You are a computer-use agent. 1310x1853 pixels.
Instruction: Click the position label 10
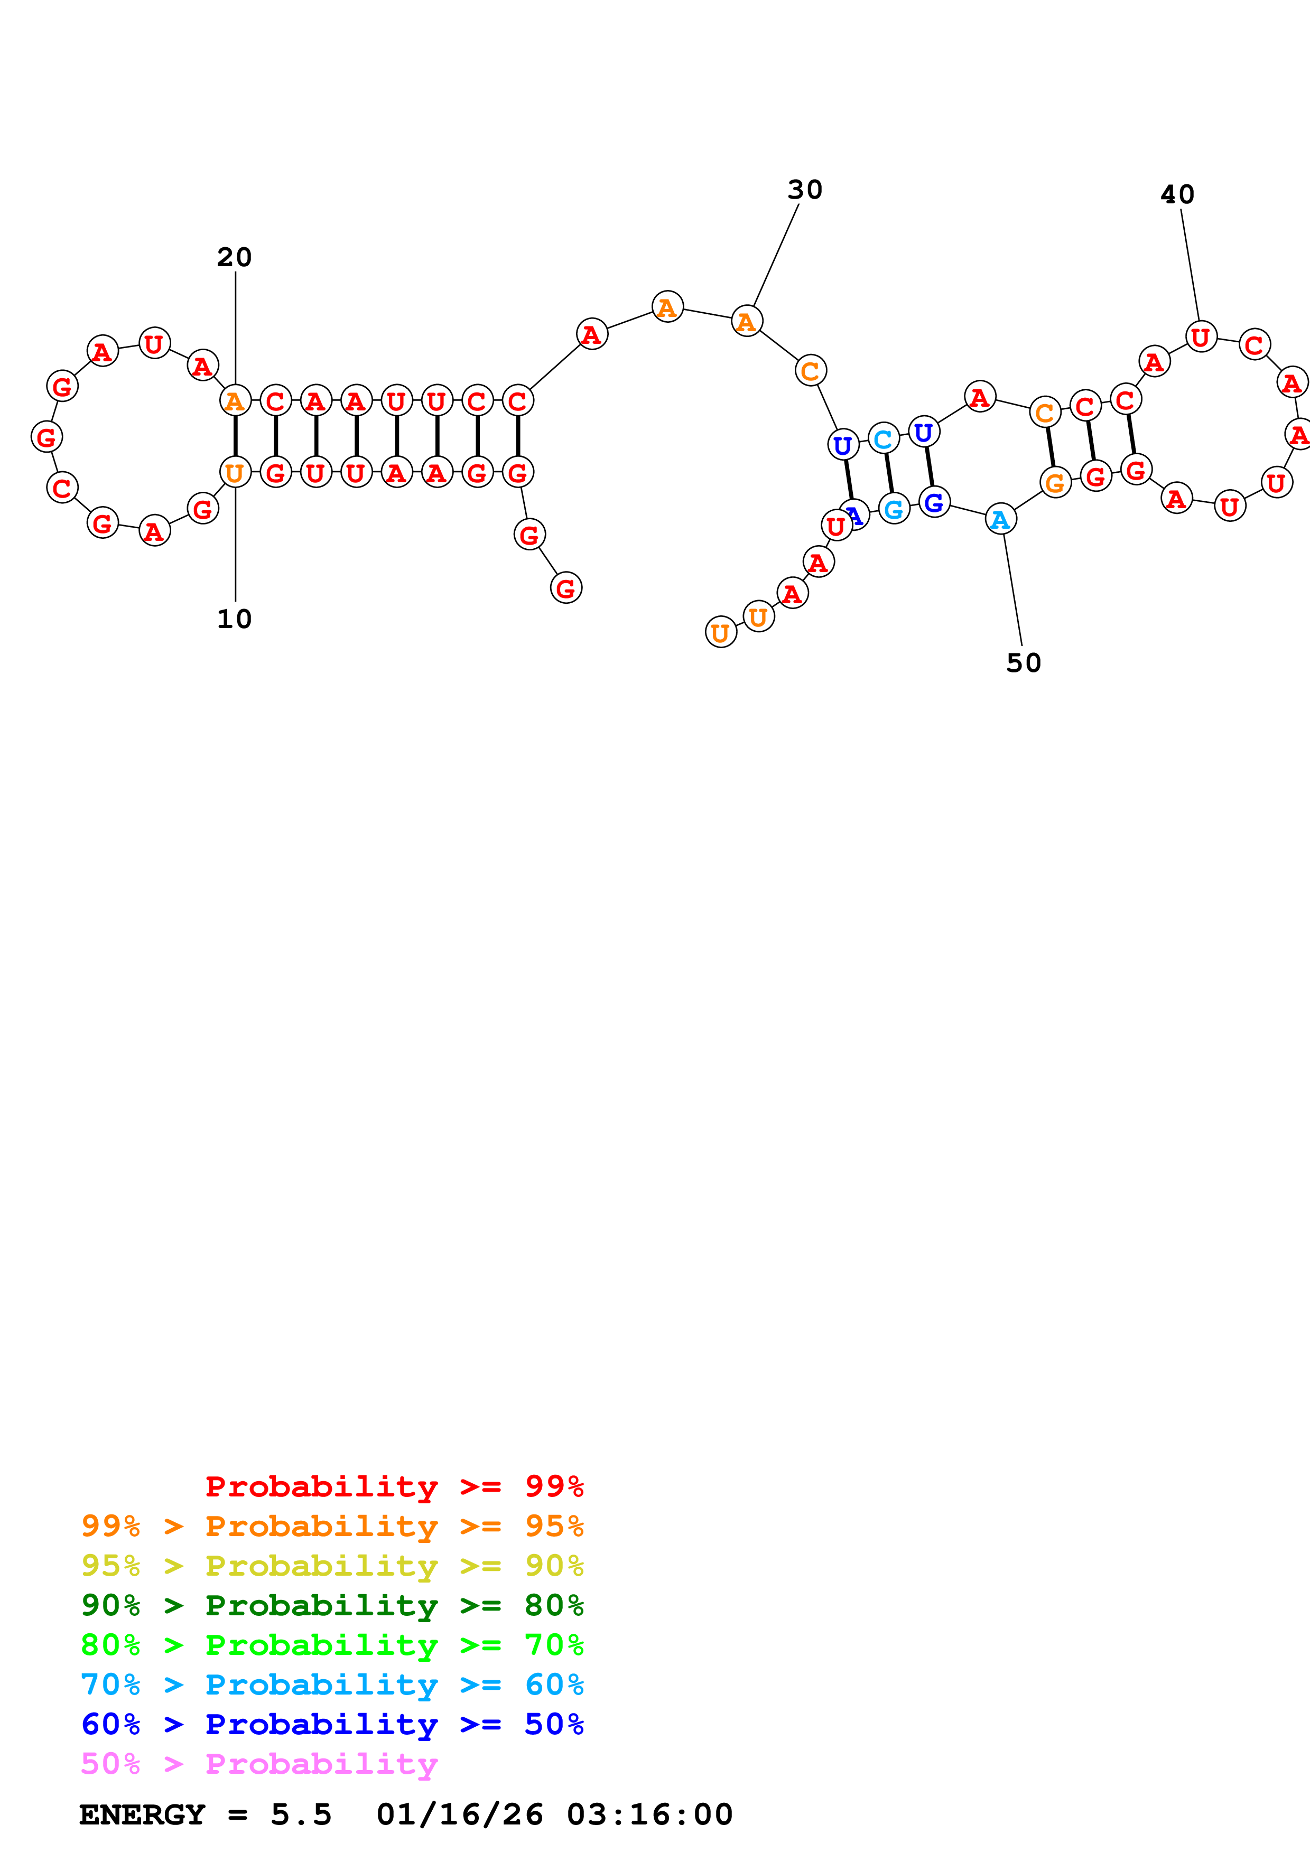pyautogui.click(x=234, y=619)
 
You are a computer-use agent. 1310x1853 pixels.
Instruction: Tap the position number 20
pyautogui.click(x=234, y=257)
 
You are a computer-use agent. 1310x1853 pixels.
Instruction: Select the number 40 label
pyautogui.click(x=1177, y=194)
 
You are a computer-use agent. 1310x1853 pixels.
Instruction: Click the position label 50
pyautogui.click(x=1024, y=662)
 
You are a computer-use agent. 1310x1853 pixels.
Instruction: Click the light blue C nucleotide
pyautogui.click(x=884, y=439)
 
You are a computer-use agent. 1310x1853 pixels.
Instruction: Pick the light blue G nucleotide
pyautogui.click(x=894, y=509)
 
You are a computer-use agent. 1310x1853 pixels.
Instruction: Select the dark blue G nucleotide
pyautogui.click(x=934, y=503)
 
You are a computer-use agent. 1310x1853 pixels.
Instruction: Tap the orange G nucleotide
pyautogui.click(x=1055, y=483)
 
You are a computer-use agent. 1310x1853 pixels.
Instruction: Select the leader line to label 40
pyautogui.click(x=1190, y=265)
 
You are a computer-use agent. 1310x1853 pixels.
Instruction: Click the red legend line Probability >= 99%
pyautogui.click(x=394, y=1486)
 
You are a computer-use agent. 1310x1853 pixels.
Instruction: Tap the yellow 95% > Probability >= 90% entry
pyautogui.click(x=332, y=1566)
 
